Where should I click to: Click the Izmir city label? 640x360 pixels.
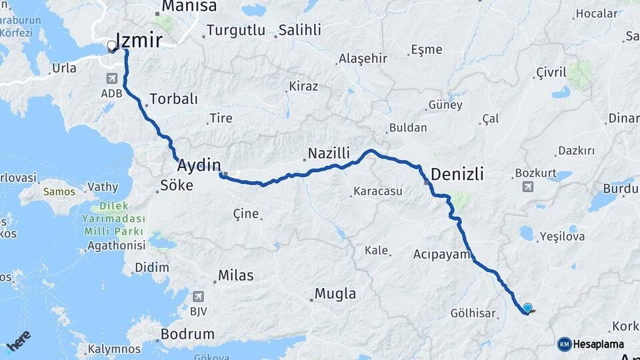click(139, 41)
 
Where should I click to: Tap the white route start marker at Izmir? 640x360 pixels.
click(111, 47)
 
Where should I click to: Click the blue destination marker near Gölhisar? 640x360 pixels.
click(528, 308)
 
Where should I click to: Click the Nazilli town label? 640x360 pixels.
click(328, 154)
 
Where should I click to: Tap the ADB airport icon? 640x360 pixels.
click(110, 79)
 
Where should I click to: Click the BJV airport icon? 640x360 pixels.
click(198, 297)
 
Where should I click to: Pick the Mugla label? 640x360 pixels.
click(335, 293)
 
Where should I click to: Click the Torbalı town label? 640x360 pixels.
click(174, 99)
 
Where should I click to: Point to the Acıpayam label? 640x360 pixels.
click(442, 255)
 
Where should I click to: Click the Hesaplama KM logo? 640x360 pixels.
click(591, 344)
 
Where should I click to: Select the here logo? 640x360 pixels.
click(19, 341)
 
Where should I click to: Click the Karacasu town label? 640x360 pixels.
click(377, 192)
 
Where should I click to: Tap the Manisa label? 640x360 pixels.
click(185, 7)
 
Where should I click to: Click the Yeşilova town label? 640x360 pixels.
click(562, 236)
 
